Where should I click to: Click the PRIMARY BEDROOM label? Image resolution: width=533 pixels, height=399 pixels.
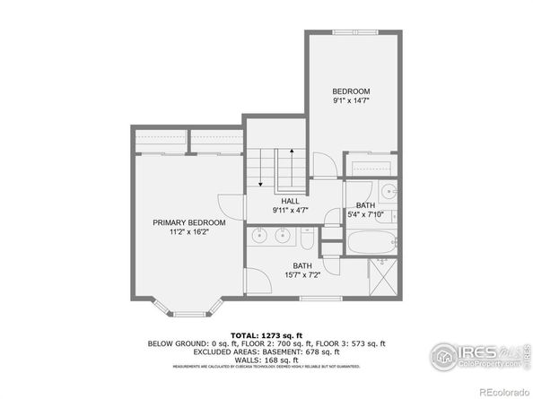tap(188, 221)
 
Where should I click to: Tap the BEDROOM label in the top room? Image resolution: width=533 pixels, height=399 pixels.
tap(351, 91)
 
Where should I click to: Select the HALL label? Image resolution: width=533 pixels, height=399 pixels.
tap(290, 201)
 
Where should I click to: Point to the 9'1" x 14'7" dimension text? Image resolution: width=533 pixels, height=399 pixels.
tap(351, 101)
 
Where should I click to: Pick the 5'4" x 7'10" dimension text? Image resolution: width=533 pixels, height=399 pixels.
tap(366, 215)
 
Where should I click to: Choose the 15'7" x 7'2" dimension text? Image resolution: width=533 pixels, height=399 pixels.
tap(301, 274)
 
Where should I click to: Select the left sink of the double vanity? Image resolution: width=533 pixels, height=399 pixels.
tap(259, 235)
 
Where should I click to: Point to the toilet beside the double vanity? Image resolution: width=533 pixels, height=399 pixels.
tap(306, 239)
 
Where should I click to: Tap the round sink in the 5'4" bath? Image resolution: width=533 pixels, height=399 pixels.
tap(389, 191)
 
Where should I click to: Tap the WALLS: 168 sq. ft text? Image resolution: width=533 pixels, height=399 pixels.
tap(266, 359)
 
